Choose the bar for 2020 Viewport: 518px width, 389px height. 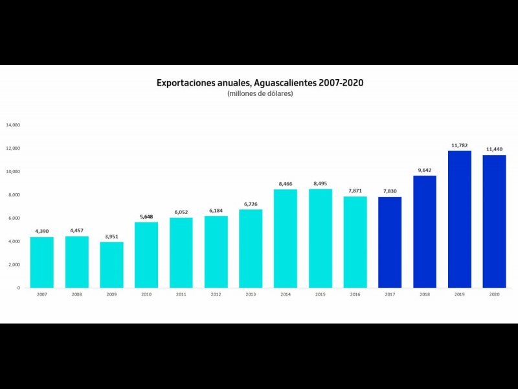495,221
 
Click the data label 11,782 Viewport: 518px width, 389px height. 460,145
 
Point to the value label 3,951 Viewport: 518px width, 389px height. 111,237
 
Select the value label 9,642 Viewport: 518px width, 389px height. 425,170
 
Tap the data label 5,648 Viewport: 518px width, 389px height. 146,217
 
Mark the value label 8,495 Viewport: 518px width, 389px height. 321,183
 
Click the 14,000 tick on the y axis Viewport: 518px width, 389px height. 14,125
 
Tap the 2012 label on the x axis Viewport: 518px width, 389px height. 216,295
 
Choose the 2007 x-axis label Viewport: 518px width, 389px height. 42,295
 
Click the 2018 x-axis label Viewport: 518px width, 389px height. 425,295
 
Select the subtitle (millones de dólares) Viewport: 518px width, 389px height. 260,94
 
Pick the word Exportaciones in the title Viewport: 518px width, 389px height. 183,84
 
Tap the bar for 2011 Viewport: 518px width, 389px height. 181,252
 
